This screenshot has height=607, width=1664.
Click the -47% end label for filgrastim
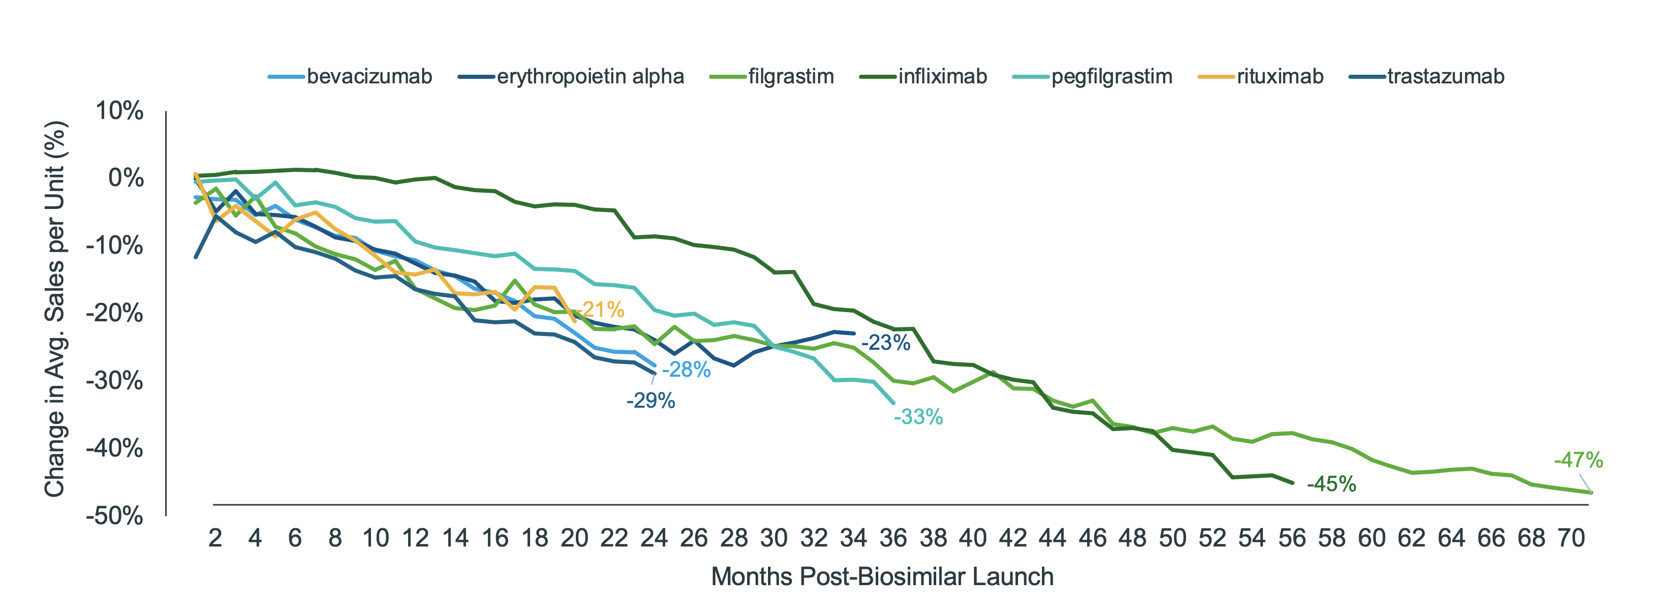tap(1578, 460)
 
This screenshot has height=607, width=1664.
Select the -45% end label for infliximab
tap(1331, 484)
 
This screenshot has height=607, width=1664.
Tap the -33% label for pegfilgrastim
tap(918, 417)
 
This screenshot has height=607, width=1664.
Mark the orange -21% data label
tap(602, 310)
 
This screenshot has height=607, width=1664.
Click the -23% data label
tap(885, 343)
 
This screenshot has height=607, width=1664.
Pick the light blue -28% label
tap(686, 370)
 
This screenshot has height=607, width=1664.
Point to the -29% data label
tap(651, 401)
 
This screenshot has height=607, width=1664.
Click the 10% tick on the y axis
tap(119, 111)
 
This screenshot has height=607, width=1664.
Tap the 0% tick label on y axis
tap(126, 178)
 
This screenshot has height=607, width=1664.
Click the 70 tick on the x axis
tap(1570, 538)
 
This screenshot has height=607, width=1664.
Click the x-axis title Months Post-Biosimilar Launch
tap(882, 576)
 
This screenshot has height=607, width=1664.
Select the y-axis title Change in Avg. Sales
tap(55, 309)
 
